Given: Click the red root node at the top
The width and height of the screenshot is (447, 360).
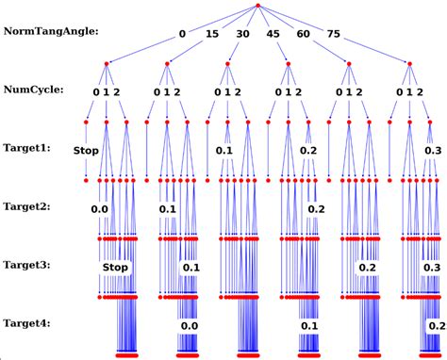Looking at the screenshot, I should coord(257,8).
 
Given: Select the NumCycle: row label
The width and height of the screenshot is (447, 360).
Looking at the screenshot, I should coord(36,91).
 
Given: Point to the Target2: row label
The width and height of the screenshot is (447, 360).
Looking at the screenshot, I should coord(32,206).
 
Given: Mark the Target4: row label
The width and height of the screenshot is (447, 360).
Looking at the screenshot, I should coord(32,323).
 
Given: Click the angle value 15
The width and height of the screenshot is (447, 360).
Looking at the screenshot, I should coord(213,35).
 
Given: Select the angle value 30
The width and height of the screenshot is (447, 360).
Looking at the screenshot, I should coord(243,35).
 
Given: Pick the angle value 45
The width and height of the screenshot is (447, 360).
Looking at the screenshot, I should coord(273,35).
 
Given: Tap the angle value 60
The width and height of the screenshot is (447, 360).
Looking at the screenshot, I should coord(304,35).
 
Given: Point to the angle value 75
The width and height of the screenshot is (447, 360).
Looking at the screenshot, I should coord(334,35).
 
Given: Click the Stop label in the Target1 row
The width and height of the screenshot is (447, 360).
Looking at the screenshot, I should coord(86,150).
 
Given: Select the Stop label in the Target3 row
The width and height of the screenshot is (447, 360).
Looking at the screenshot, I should coord(115,268).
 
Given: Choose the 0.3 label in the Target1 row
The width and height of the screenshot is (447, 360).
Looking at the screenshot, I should coord(433,150).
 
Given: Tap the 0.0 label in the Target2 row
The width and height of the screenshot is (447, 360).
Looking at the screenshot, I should coord(100,209).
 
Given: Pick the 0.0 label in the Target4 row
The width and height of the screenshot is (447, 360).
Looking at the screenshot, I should coord(190,325).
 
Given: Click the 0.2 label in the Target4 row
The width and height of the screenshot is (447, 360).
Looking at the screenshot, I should coord(437,325).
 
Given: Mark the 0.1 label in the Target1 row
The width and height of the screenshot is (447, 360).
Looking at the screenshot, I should coord(223,150).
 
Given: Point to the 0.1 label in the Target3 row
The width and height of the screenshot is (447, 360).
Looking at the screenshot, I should coord(190,268).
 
